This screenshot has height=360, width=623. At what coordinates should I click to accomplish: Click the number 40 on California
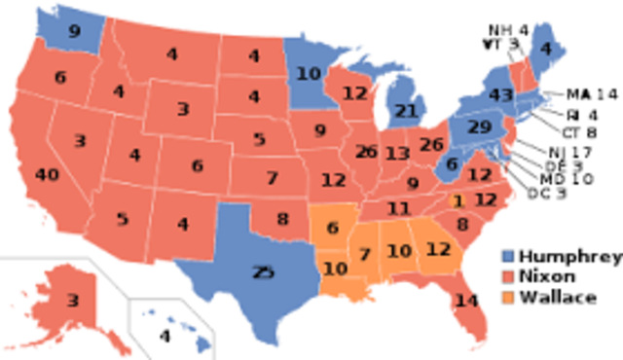[46, 175]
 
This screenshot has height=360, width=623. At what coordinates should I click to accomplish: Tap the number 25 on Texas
[263, 272]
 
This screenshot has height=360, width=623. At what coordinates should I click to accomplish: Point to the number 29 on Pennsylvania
[479, 128]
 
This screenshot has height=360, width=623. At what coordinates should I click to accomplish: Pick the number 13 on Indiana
[396, 153]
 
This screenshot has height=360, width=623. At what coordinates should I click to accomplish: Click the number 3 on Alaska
[72, 302]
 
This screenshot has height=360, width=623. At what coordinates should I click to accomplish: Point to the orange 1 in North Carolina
[458, 199]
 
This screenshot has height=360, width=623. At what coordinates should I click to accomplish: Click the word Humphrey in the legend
[569, 257]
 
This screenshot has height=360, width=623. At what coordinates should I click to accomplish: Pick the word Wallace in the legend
[558, 297]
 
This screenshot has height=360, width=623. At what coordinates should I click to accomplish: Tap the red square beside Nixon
[505, 277]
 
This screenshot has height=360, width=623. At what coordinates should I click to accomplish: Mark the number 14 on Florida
[466, 301]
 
